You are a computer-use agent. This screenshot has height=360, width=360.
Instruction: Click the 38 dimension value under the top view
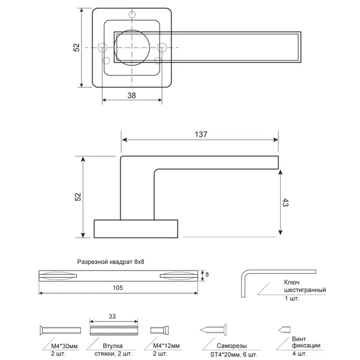(x=131, y=95)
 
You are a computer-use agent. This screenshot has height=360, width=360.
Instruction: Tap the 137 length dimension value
(x=201, y=134)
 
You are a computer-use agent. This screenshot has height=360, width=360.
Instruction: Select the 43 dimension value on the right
(x=285, y=203)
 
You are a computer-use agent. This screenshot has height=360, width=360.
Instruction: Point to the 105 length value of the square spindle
(x=118, y=287)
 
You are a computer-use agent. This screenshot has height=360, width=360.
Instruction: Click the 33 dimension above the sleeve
(x=112, y=316)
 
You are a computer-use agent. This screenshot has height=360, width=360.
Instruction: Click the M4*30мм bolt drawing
(x=60, y=330)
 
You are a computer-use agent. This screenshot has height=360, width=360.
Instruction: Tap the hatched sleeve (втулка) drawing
(x=113, y=331)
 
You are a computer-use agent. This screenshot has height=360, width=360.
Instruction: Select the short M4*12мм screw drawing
(x=160, y=330)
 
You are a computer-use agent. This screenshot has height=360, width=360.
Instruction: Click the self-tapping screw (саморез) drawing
(x=213, y=330)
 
